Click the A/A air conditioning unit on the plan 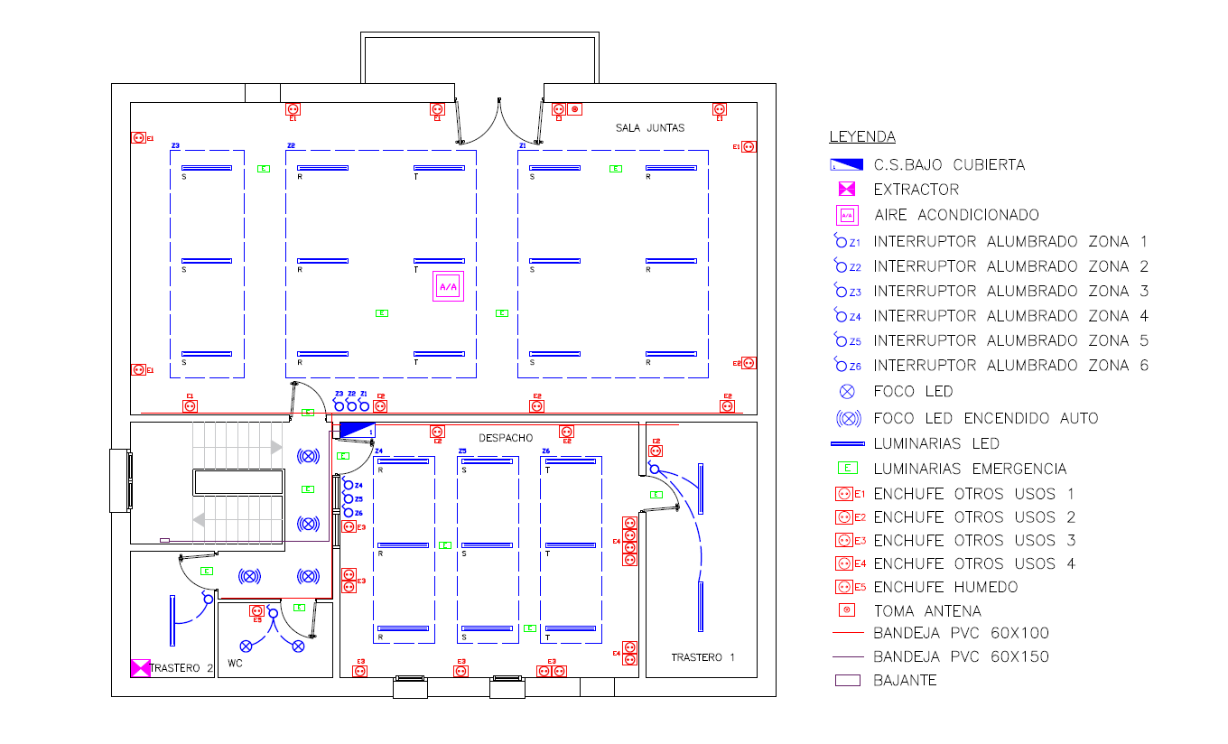pos(448,286)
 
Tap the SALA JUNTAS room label pos(650,128)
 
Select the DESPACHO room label pos(506,437)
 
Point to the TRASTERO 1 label pos(702,657)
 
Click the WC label pos(235,664)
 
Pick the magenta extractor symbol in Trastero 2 pos(141,668)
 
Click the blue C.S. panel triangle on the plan pos(357,431)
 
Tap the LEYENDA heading pos(862,137)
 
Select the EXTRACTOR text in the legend pos(916,190)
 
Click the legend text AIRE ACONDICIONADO pos(956,215)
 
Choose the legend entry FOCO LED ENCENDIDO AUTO pos(986,418)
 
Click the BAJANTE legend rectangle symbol pos(847,681)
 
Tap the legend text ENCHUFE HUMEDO pos(945,587)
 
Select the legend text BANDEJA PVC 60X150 pos(961,656)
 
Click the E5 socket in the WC pos(256,611)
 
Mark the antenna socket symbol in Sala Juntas pos(575,109)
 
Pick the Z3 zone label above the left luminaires pos(175,145)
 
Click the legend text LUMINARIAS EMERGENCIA pos(970,469)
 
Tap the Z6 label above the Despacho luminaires pos(545,451)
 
